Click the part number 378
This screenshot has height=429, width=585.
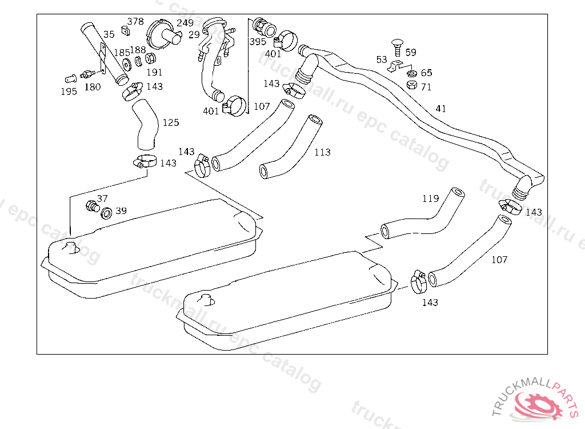[x=135, y=21]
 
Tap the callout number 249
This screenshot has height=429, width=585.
[x=185, y=23]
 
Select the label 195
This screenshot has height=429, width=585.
[x=69, y=92]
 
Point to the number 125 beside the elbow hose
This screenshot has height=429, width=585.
[x=171, y=122]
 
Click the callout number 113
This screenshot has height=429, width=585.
[x=322, y=152]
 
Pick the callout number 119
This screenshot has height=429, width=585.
[x=431, y=198]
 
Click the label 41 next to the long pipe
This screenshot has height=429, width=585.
[x=440, y=108]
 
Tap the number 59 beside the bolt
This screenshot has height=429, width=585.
[x=411, y=52]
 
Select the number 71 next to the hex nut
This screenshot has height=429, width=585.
[x=426, y=87]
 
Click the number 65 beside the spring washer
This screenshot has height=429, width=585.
[x=426, y=73]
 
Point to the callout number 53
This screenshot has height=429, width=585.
[x=382, y=59]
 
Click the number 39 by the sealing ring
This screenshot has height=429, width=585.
[x=121, y=210]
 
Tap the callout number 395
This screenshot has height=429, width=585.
[x=258, y=42]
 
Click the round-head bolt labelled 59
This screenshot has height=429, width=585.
[x=398, y=47]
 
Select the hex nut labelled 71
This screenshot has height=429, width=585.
[x=411, y=85]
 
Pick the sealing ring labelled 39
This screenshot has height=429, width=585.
[x=106, y=213]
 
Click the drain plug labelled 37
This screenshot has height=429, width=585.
[x=92, y=205]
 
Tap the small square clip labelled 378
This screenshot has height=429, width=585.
[x=125, y=31]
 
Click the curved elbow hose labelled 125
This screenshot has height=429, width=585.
[x=145, y=124]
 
